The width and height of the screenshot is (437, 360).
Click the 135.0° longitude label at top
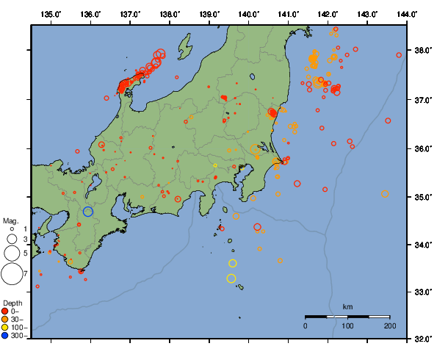pyautogui.click(x=51, y=13)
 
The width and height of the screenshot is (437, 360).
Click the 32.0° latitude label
pyautogui.click(x=423, y=339)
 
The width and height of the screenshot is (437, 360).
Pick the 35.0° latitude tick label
pyautogui.click(x=423, y=197)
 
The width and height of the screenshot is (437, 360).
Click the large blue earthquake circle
pyautogui.click(x=88, y=212)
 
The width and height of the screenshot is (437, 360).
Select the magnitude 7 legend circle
pyautogui.click(x=11, y=274)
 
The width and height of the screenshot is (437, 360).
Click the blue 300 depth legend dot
pyautogui.click(x=5, y=336)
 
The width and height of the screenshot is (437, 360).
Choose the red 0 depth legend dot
pyautogui.click(x=5, y=311)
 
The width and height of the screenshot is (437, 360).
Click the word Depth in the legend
pyautogui.click(x=12, y=303)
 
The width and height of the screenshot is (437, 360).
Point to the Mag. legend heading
pyautogui.click(x=10, y=220)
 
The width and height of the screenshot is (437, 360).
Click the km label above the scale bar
pyautogui.click(x=347, y=306)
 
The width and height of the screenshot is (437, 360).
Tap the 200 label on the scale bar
pyautogui.click(x=389, y=325)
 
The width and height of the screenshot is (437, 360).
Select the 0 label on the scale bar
pyautogui.click(x=306, y=325)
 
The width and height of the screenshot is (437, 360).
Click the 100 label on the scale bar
pyautogui.click(x=347, y=325)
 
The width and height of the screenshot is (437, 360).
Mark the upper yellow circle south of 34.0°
pyautogui.click(x=233, y=263)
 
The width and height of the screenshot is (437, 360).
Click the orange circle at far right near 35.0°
pyautogui.click(x=386, y=194)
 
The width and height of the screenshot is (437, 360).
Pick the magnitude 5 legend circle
pyautogui.click(x=11, y=253)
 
